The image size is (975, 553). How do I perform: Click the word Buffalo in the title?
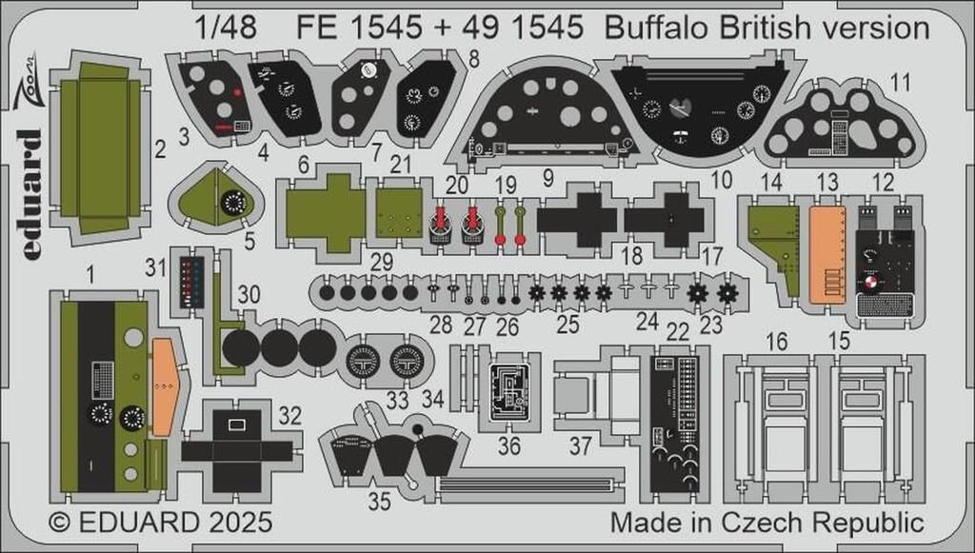tap(647, 28)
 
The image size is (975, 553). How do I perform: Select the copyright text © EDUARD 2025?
tap(160, 523)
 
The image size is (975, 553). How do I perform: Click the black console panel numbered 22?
tap(674, 424)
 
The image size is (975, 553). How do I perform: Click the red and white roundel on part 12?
tap(873, 283)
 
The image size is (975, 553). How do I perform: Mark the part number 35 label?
tap(379, 501)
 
